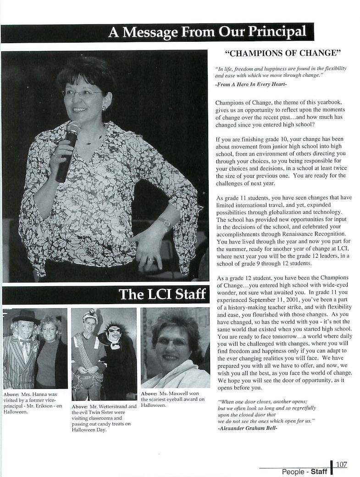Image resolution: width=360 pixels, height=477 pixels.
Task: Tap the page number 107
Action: (341, 464)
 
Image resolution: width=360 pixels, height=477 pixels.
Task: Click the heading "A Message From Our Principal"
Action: (207, 33)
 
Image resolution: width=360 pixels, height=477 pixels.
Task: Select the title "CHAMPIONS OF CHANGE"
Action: (284, 53)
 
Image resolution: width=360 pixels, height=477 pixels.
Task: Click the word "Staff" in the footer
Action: (319, 471)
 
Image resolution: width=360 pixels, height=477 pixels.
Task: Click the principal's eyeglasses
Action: (83, 93)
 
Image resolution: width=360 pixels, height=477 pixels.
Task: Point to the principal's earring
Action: (104, 108)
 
